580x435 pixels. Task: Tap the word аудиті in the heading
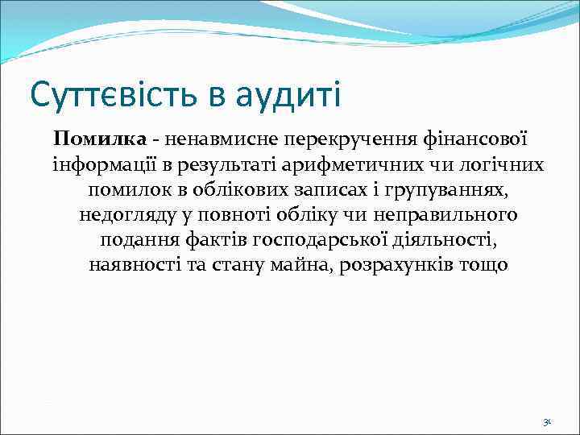point(288,94)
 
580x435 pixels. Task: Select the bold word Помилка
point(89,140)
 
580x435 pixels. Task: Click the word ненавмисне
point(193,140)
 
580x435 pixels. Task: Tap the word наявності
point(133,265)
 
